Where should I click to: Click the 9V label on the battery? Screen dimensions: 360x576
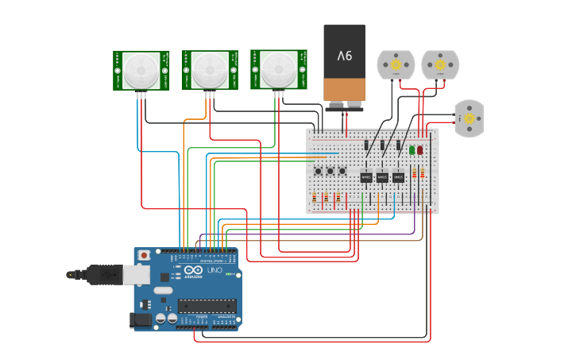click(344, 56)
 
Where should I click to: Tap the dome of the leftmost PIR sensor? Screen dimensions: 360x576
click(141, 70)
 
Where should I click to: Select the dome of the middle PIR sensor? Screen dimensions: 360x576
click(209, 70)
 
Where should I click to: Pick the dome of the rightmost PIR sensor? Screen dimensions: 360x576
click(278, 69)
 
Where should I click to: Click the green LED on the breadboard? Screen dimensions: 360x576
click(412, 149)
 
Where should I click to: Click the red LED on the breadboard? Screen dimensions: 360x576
click(420, 149)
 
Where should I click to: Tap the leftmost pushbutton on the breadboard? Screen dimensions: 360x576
click(318, 171)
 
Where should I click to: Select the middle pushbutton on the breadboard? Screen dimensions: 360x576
click(330, 171)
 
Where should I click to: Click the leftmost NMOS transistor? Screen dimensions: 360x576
click(366, 177)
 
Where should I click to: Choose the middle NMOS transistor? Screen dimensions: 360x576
click(382, 177)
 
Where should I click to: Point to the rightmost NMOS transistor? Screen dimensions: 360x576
click(398, 177)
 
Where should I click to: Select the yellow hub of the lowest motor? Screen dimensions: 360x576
click(469, 118)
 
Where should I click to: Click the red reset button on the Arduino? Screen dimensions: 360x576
click(144, 255)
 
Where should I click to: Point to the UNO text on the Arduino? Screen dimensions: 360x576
click(215, 271)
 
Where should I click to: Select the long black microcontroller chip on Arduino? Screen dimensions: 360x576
click(206, 306)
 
